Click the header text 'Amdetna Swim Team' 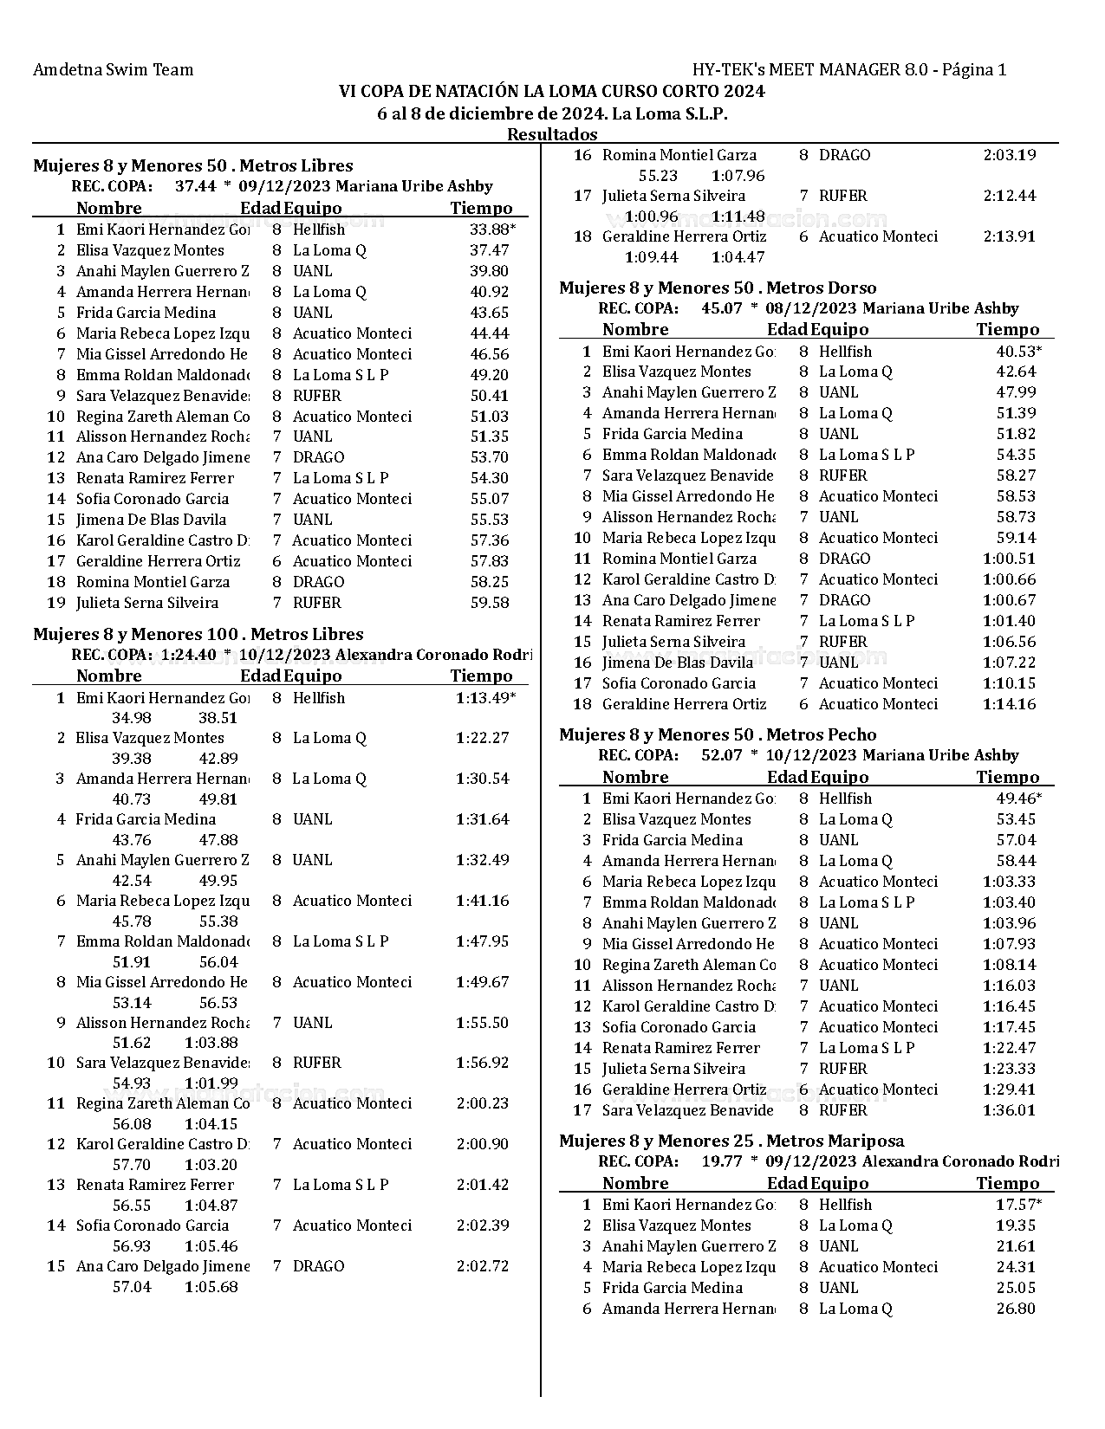(113, 70)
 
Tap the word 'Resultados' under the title (552, 134)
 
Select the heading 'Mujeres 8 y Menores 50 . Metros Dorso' (718, 288)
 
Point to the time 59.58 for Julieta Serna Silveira (489, 603)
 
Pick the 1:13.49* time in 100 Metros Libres (484, 698)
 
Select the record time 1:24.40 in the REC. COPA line (188, 655)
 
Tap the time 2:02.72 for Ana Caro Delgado (482, 1266)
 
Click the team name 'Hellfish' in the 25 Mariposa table (845, 1205)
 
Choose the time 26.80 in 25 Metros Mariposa (1016, 1309)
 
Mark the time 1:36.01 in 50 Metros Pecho (1009, 1110)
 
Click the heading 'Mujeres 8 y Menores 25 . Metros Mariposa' (731, 1141)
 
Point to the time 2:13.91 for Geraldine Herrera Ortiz (1009, 236)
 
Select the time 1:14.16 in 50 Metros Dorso (1009, 704)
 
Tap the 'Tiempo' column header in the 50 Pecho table (1007, 778)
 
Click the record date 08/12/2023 (808, 308)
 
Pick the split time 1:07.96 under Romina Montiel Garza (738, 176)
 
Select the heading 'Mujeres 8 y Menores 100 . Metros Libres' (198, 634)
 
